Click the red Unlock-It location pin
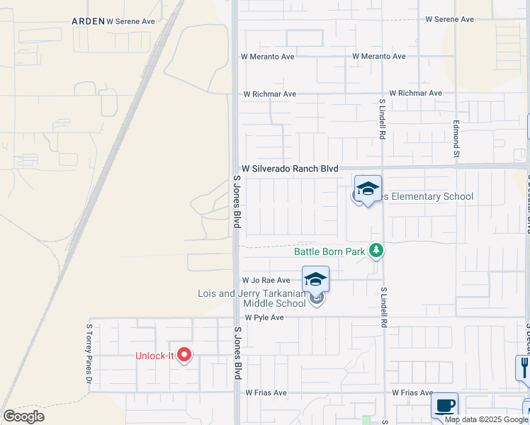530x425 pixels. [184, 354]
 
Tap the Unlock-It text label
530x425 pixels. [155, 356]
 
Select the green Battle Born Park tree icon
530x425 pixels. [377, 251]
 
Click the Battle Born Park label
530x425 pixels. [329, 251]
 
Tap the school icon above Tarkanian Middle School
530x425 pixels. [316, 279]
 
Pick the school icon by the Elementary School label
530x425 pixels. [368, 189]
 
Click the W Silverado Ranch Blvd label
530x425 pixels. [290, 169]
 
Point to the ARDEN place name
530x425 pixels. [88, 21]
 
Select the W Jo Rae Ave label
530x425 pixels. [266, 280]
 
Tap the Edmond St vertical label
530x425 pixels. [457, 139]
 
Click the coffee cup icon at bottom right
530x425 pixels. [444, 406]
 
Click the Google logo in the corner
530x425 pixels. [23, 416]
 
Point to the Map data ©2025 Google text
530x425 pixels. [486, 419]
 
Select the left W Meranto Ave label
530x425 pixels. [267, 56]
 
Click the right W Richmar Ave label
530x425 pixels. [415, 93]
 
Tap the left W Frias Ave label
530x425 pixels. [266, 392]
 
